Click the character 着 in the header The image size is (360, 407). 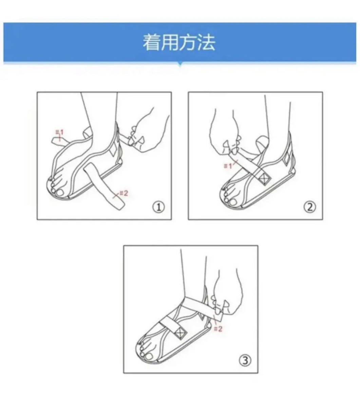pos(151,42)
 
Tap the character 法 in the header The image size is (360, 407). pos(206,42)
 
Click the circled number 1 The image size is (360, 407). pos(159,207)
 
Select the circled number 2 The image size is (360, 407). pos(310,207)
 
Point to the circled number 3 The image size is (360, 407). pos(245,361)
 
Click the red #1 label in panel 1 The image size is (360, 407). pos(59,132)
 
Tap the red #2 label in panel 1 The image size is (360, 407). pos(124,193)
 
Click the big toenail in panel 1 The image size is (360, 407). pos(60,193)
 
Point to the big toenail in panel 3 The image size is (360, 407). pos(149,356)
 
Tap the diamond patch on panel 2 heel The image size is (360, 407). pos(286,158)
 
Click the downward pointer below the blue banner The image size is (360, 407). pos(180,65)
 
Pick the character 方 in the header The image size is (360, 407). pos(188,42)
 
